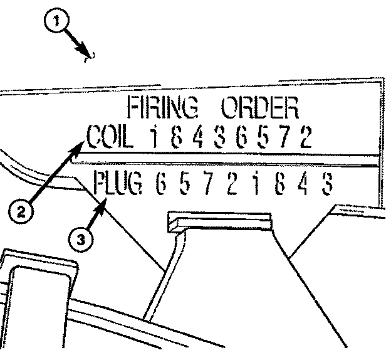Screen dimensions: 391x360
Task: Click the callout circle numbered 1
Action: pos(58,22)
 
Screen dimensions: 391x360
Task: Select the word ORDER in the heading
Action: pos(258,109)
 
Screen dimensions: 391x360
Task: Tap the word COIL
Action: pos(110,137)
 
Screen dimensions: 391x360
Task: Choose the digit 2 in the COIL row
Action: pos(305,137)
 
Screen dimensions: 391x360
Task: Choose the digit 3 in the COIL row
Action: pos(219,137)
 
